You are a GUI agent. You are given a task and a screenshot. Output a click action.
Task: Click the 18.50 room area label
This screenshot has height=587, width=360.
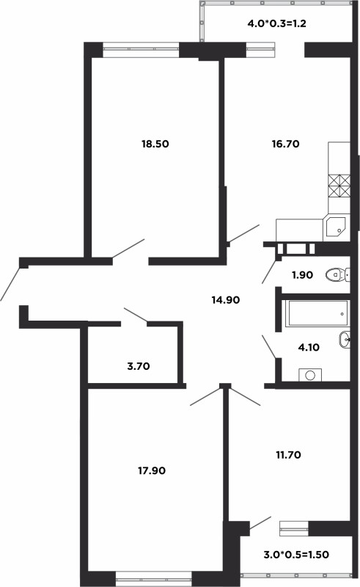point(155,144)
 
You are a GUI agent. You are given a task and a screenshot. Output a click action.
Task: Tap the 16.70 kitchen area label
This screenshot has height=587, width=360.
point(285,144)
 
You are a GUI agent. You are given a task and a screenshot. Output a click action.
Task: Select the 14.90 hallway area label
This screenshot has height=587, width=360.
point(226,299)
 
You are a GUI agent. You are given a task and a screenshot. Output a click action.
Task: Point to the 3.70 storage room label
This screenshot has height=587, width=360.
point(139,366)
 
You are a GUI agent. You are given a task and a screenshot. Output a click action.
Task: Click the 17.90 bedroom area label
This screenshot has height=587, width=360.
point(152,470)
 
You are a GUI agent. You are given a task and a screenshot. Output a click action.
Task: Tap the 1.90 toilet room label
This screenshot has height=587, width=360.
point(302,275)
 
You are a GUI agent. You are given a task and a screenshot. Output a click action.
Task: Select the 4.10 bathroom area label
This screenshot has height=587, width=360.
point(309,347)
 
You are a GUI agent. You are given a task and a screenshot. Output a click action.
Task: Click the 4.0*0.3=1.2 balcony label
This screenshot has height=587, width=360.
point(277,23)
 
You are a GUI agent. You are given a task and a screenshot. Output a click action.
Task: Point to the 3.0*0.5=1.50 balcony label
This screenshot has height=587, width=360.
point(296,555)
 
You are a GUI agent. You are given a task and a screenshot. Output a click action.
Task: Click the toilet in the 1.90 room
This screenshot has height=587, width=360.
point(338,275)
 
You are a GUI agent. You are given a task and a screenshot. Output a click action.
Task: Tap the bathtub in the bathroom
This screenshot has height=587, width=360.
point(317,313)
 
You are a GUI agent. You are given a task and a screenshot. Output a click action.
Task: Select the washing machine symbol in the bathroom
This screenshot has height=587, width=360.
point(310,375)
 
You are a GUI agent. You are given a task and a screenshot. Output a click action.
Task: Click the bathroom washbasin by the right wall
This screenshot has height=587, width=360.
point(345,339)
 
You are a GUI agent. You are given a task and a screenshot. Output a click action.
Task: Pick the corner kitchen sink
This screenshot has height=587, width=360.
point(336,226)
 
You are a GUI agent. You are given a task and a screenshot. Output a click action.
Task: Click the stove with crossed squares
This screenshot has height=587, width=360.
point(339,186)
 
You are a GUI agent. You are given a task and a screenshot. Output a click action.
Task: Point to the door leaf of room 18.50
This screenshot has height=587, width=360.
point(128,249)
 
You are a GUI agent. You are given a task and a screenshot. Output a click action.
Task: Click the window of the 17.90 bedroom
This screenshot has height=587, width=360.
point(153,577)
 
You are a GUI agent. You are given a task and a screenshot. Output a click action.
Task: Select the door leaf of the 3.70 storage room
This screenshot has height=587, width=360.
point(136,315)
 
